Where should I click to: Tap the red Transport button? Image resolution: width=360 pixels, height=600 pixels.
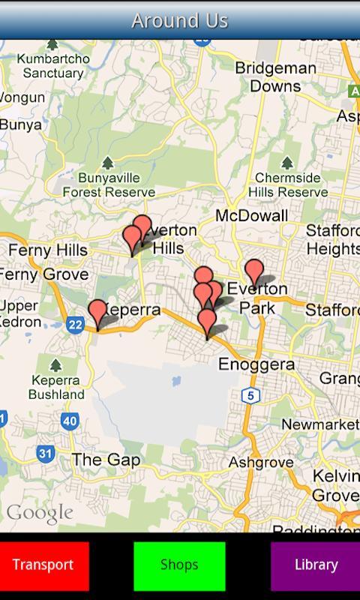click(43, 565)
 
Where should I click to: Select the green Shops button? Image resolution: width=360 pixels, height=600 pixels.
click(179, 565)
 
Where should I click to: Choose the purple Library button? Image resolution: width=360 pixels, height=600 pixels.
click(316, 565)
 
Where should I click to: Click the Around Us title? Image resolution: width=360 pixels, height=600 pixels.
click(180, 20)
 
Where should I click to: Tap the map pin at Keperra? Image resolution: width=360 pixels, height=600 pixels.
click(97, 313)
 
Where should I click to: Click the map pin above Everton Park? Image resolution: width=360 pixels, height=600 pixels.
click(254, 272)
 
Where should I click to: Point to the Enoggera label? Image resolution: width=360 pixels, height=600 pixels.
click(256, 364)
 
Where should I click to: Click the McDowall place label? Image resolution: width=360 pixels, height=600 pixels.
click(251, 216)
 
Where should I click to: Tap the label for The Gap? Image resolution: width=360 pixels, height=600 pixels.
click(106, 460)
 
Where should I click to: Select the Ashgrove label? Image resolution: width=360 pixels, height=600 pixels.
click(261, 462)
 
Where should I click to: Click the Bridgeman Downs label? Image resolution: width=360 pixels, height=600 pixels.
click(275, 76)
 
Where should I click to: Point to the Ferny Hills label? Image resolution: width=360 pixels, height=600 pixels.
click(47, 250)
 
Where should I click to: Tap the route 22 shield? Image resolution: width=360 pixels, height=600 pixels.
click(74, 324)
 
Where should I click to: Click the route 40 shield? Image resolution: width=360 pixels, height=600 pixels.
click(70, 421)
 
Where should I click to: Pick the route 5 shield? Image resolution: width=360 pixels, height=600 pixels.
click(250, 395)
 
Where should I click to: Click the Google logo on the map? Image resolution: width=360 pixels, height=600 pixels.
click(40, 514)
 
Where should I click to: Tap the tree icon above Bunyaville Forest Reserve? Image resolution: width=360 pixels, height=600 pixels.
click(108, 163)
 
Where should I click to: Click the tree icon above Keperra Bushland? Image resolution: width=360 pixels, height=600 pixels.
click(55, 365)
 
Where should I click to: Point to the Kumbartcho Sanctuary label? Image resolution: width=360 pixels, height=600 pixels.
click(53, 66)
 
